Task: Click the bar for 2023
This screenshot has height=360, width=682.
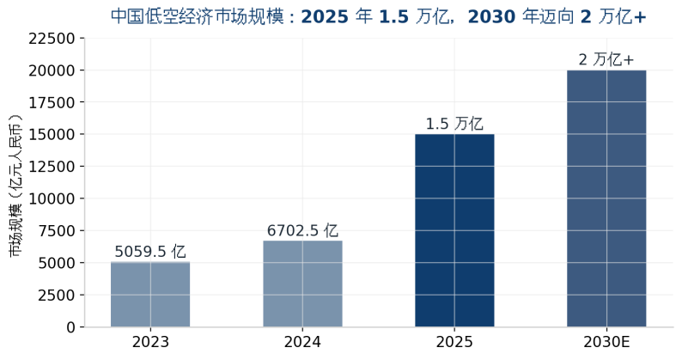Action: (x=150, y=294)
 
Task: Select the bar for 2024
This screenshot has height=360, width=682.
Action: (x=302, y=284)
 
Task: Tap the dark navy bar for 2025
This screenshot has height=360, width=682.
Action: (x=454, y=230)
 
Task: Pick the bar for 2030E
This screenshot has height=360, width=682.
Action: (x=606, y=198)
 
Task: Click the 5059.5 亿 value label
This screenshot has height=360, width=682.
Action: (x=150, y=252)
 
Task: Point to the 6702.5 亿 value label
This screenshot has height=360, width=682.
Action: (x=302, y=230)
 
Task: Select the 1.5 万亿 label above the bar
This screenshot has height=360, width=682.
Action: (x=454, y=124)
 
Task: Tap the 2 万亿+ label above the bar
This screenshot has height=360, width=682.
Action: (x=606, y=59)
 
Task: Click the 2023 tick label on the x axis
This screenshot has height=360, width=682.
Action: (x=150, y=342)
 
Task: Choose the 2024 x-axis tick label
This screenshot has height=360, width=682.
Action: (x=302, y=342)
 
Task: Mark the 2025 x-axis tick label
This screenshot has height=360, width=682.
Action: (x=454, y=342)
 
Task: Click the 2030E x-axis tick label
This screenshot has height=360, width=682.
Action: (x=606, y=342)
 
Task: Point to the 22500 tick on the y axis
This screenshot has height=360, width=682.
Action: (x=52, y=39)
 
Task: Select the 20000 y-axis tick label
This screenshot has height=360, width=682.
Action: (x=52, y=70)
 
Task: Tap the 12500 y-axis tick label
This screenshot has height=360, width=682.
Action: (x=52, y=167)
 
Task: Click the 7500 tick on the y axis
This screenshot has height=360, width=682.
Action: (x=57, y=231)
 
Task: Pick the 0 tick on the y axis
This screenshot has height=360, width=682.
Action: (x=71, y=327)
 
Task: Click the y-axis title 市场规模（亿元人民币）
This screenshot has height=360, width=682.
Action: (x=15, y=185)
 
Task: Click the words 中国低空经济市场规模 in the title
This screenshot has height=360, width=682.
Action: (x=198, y=16)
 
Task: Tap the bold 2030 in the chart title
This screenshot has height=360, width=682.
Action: (x=491, y=16)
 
